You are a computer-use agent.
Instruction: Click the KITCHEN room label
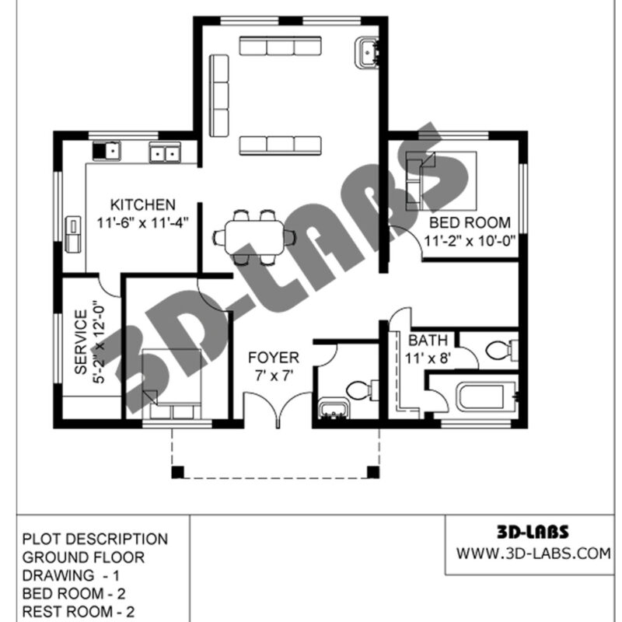143,204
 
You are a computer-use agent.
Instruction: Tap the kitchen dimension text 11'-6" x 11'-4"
143,222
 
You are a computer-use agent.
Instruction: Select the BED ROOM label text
470,222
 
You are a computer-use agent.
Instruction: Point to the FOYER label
274,358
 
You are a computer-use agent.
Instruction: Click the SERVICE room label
81,342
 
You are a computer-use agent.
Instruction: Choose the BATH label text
428,341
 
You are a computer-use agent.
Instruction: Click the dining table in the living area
254,238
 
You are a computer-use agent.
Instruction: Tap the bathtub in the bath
487,397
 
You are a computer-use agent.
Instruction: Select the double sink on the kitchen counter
165,152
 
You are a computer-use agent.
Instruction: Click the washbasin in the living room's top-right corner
367,53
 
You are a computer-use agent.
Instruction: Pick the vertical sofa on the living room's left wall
219,96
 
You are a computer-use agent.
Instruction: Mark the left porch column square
178,472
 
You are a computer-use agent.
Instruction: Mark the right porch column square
373,472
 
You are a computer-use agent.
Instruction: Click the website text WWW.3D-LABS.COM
533,553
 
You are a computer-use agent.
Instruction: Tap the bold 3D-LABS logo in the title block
533,532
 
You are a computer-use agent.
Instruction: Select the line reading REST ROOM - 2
79,611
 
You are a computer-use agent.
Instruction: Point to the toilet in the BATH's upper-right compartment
501,351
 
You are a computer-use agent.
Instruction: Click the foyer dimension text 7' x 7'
274,376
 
